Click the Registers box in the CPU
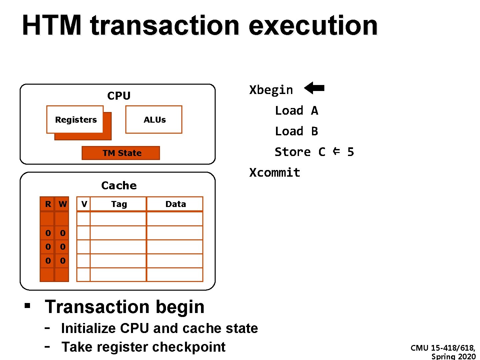(76, 120)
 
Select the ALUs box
(154, 120)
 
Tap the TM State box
(121, 153)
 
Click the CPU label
(119, 96)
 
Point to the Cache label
(119, 185)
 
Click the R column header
(48, 204)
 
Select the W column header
(62, 204)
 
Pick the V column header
(84, 204)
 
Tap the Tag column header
(119, 204)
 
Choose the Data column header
(175, 204)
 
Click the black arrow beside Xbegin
(314, 88)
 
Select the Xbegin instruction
(271, 90)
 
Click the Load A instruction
(296, 111)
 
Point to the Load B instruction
(296, 131)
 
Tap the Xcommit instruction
(275, 173)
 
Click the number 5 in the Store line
(350, 152)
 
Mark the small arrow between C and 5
(336, 151)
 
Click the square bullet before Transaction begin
(27, 305)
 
